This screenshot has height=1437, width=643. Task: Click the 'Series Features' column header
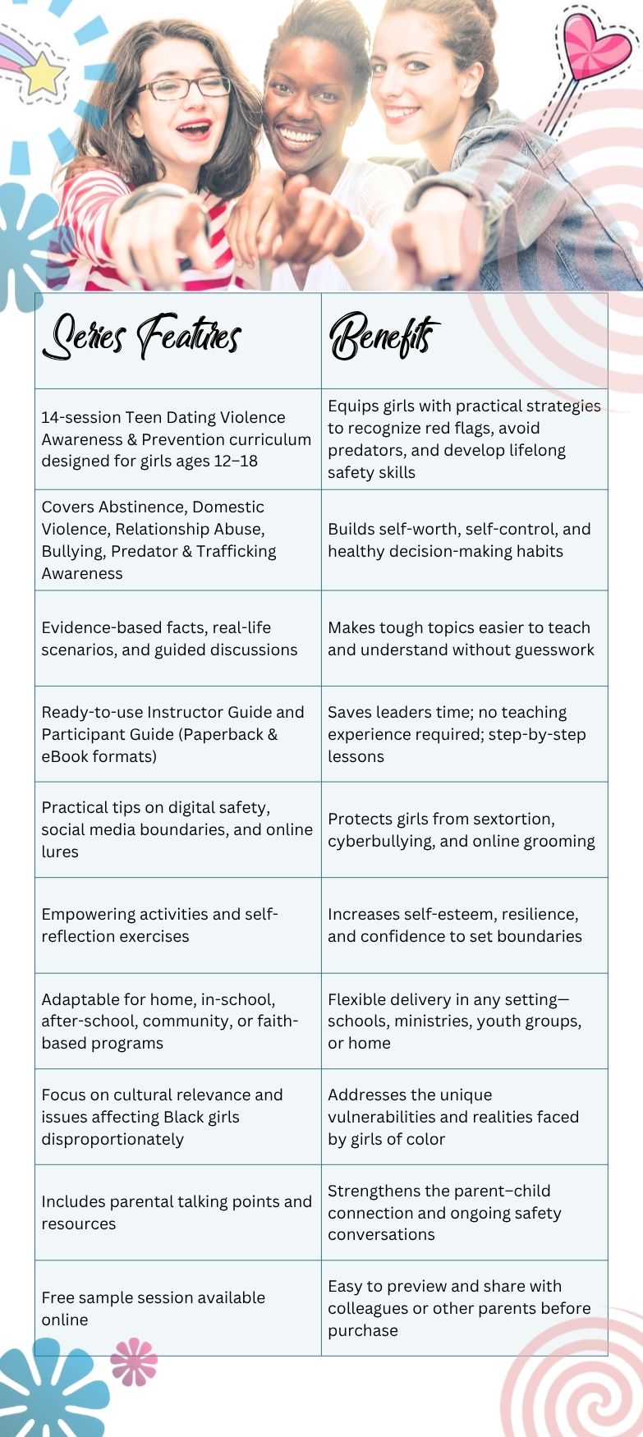143,337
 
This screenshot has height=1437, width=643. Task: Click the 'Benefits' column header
384,337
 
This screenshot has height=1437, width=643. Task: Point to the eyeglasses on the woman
183,88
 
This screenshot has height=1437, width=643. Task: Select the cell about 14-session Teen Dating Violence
177,439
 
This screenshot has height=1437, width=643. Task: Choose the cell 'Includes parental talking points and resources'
177,1212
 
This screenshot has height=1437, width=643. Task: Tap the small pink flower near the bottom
133,1361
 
